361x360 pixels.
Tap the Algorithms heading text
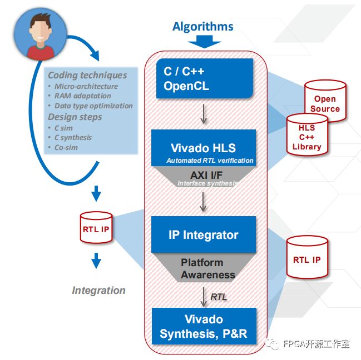[202, 27]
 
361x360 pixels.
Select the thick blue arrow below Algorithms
[202, 42]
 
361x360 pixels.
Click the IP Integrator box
[204, 234]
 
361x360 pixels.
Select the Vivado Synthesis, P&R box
[204, 327]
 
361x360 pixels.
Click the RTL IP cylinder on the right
[306, 259]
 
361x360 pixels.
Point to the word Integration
[98, 290]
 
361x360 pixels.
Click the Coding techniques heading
[87, 75]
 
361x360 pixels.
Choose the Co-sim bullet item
[66, 147]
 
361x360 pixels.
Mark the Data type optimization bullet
[93, 106]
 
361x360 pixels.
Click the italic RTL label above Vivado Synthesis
[219, 297]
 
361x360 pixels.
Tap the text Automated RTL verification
[210, 161]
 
